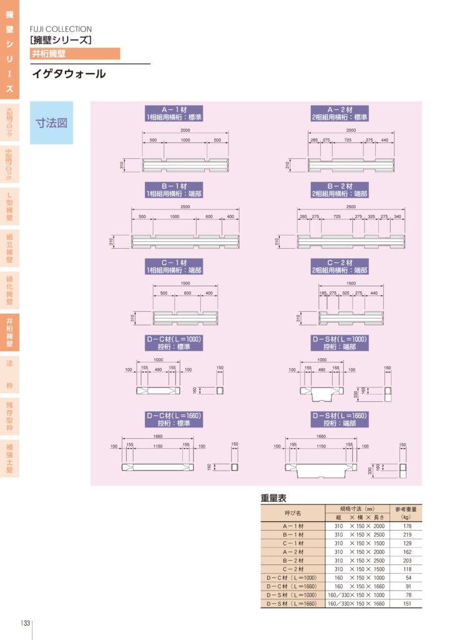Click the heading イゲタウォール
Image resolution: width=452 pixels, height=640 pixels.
(69, 74)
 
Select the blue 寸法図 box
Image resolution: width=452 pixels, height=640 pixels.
(51, 122)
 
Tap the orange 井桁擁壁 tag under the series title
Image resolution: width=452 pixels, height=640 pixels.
(75, 54)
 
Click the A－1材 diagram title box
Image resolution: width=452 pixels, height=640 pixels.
(174, 113)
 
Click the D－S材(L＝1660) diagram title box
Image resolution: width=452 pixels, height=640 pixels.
(340, 419)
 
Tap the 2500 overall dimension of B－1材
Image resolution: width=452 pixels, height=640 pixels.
(185, 207)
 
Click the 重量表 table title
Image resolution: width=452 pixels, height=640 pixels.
(273, 498)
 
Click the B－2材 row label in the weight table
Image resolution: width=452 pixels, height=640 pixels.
(293, 561)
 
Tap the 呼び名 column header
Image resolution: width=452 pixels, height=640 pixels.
(293, 512)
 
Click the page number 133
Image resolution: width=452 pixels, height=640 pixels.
(26, 623)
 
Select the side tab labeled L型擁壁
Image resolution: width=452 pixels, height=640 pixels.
(9, 206)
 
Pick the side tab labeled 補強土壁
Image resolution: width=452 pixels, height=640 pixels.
(9, 458)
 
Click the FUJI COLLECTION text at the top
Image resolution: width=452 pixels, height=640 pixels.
(61, 29)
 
